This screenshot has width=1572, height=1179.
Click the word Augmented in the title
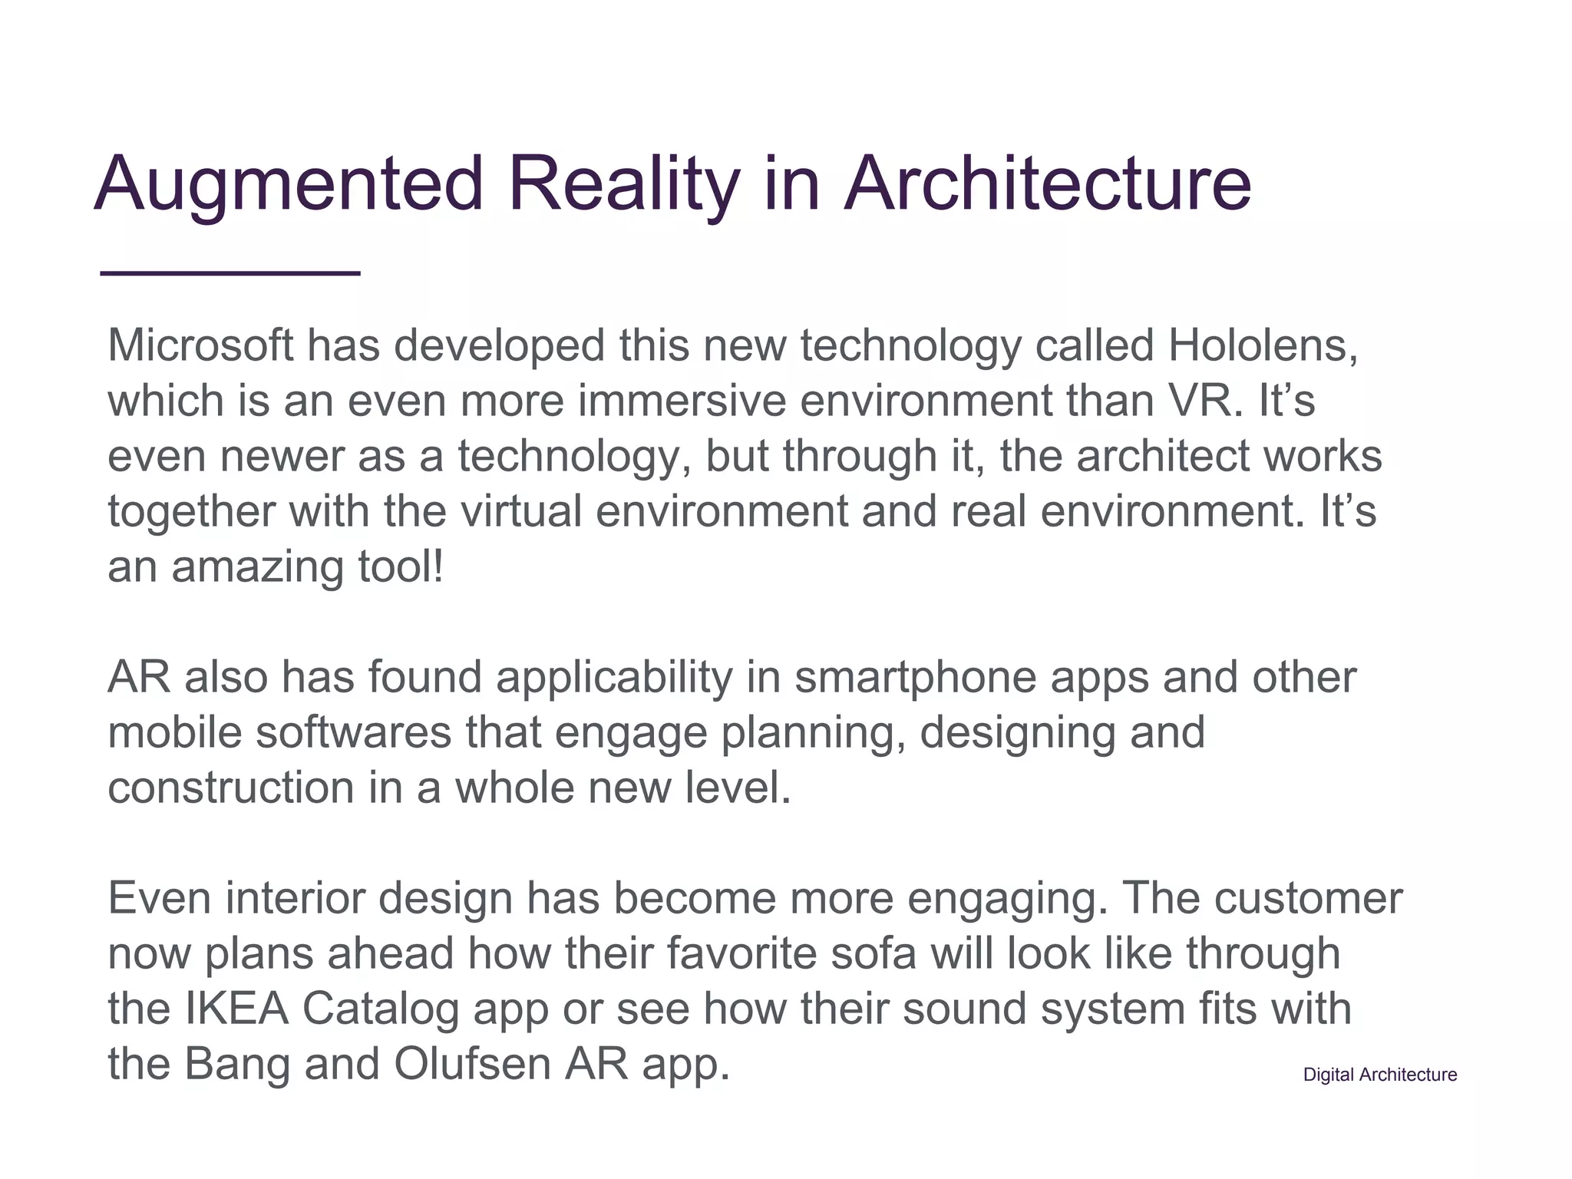(x=289, y=184)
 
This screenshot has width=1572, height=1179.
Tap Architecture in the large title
(x=1048, y=184)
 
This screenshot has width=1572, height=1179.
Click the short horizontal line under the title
(x=230, y=272)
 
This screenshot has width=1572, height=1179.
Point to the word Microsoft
(x=200, y=345)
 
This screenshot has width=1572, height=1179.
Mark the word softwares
(x=354, y=733)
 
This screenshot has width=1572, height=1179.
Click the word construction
(x=231, y=788)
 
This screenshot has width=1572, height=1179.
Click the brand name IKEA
(x=237, y=1009)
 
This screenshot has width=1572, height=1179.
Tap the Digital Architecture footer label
(x=1379, y=1075)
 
